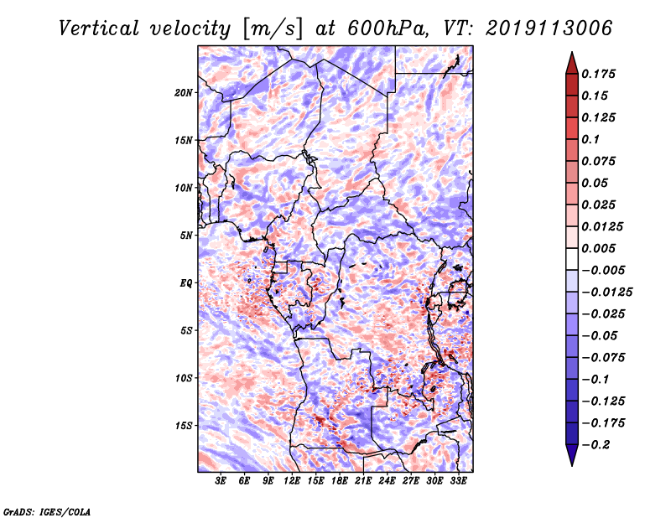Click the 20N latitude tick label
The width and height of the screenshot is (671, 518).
[x=184, y=92]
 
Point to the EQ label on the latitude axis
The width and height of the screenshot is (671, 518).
[x=185, y=282]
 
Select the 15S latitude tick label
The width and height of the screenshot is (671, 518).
[x=184, y=425]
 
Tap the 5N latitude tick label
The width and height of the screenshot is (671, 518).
[x=186, y=235]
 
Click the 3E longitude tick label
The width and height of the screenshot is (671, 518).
[x=221, y=482]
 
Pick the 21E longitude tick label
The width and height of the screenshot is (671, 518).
[x=363, y=482]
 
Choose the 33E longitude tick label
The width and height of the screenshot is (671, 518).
[x=458, y=482]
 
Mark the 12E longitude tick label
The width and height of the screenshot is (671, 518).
[x=292, y=482]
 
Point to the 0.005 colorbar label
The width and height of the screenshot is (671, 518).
[x=601, y=248]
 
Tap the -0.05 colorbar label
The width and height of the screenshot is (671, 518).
[x=601, y=335]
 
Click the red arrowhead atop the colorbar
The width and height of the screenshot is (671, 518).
[x=571, y=62]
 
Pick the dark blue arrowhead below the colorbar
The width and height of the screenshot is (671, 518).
[x=571, y=455]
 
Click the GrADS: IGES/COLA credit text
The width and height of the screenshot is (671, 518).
[x=46, y=510]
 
